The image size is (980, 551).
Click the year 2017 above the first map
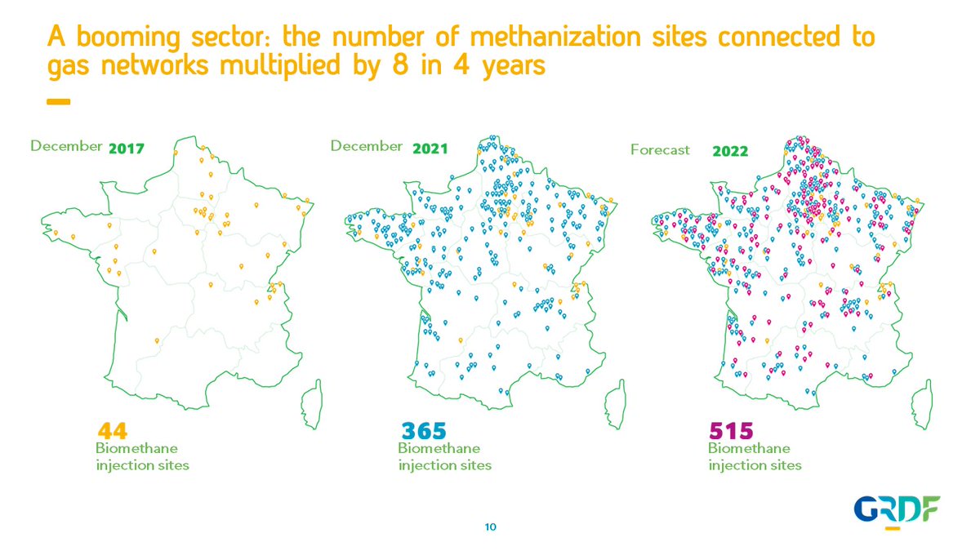[126, 149]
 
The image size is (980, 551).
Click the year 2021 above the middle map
[430, 149]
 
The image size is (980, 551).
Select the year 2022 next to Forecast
[730, 151]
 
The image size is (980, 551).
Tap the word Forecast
[660, 150]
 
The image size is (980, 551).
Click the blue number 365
[424, 430]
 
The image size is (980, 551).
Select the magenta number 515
[731, 430]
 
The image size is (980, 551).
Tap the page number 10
[490, 527]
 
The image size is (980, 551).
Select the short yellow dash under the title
[58, 102]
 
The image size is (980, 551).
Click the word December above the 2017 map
[65, 146]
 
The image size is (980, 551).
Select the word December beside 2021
[366, 146]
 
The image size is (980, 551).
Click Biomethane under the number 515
[748, 448]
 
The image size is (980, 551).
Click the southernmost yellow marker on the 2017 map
[156, 340]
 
